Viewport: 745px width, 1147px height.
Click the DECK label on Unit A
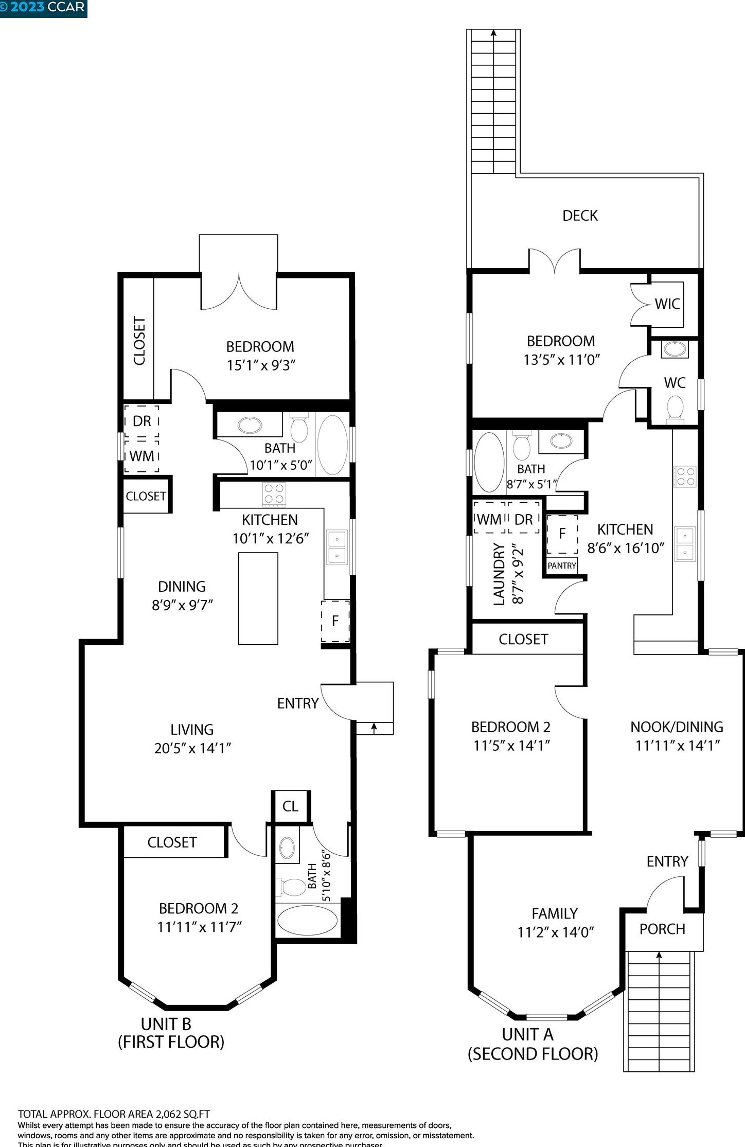(580, 216)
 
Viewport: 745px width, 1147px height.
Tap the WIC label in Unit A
(667, 304)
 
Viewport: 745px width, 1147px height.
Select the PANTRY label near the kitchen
(562, 566)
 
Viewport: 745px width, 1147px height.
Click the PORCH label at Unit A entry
(662, 929)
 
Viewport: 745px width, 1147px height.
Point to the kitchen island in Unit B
(258, 598)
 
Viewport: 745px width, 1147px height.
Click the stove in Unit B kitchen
(274, 494)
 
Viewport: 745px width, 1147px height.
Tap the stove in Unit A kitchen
(685, 476)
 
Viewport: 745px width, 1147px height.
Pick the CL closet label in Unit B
(290, 806)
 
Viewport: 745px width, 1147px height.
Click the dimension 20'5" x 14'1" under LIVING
(192, 748)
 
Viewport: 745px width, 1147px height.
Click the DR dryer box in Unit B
(141, 421)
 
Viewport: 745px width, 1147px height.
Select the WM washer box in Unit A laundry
(489, 519)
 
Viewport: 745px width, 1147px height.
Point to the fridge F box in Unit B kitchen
(335, 621)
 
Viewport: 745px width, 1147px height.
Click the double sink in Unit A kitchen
(684, 544)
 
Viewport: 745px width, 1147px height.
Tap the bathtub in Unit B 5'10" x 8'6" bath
(307, 921)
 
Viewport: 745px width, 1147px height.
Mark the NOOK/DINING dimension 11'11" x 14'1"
(677, 745)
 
